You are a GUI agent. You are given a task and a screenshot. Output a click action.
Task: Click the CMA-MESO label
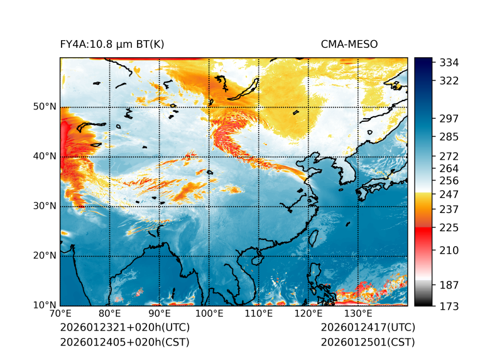(x=349, y=44)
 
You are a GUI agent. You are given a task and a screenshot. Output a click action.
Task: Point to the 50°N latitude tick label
(x=45, y=106)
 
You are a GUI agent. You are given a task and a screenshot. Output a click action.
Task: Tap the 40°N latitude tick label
(x=45, y=156)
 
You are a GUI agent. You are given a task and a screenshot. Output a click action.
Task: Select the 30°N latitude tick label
(x=45, y=205)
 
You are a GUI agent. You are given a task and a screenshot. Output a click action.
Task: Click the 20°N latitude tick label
(x=45, y=255)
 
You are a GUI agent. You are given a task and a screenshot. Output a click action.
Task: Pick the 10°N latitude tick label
(x=45, y=305)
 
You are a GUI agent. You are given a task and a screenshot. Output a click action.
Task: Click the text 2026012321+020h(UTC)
(x=124, y=327)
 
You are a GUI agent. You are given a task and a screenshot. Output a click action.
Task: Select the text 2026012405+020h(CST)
(x=124, y=342)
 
